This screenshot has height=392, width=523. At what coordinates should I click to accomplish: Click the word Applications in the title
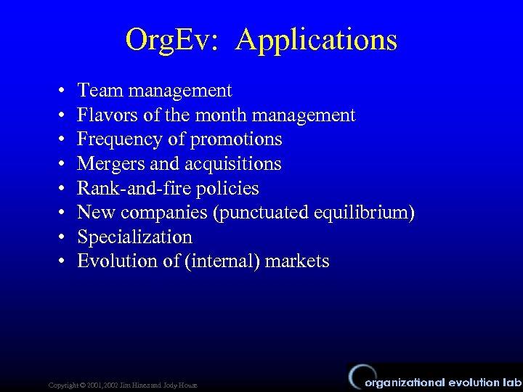click(x=317, y=39)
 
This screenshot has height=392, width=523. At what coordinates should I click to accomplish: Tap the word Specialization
click(x=134, y=237)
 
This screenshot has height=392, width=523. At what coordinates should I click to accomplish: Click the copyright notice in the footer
click(x=122, y=384)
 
